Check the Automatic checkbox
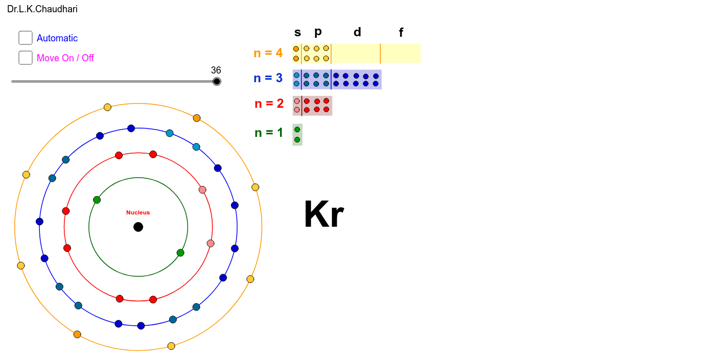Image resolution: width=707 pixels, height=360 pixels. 26,38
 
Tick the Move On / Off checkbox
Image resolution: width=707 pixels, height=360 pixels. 26,58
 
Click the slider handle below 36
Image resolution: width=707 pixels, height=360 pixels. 217,81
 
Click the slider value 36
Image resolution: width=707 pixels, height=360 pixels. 216,70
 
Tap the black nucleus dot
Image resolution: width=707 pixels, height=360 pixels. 138,227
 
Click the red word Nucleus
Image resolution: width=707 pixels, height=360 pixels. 138,212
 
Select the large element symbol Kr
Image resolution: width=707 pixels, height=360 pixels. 323,215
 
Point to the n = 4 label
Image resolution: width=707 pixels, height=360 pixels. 268,53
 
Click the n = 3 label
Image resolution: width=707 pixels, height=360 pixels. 268,78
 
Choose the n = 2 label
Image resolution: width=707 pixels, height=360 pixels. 269,104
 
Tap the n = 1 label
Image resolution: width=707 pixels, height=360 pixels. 269,133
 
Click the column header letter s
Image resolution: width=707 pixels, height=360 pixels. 298,33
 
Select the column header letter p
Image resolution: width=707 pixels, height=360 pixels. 318,32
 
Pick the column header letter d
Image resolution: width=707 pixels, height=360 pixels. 358,32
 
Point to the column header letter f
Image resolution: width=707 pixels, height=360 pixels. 401,33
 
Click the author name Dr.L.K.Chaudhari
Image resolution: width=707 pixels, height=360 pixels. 42,9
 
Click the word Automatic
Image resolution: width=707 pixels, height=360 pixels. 57,38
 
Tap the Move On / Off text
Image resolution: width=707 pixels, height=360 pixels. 65,58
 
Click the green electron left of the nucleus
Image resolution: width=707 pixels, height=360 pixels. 97,200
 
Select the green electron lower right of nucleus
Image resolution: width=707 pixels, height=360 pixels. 180,253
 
